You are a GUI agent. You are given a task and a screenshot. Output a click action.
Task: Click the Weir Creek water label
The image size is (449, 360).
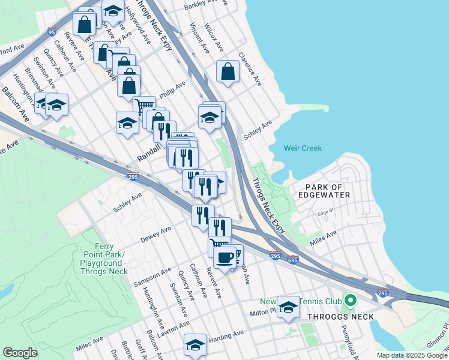[303, 148]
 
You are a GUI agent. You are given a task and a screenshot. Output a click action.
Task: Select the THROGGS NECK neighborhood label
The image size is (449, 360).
[340, 317]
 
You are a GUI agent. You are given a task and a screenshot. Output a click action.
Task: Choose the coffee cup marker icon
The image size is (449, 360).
[224, 257]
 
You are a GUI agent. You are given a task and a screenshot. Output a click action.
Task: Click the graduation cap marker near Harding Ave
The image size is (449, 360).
[195, 344]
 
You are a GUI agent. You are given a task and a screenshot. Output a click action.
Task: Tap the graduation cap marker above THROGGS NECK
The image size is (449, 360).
[289, 307]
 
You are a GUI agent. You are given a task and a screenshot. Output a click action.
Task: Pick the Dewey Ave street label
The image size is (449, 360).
[155, 234]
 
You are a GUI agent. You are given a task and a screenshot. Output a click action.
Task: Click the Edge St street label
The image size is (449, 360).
[325, 212]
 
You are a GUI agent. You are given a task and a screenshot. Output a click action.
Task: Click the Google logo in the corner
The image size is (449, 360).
[20, 353]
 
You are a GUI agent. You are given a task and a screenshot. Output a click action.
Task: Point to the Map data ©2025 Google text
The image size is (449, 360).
[411, 355]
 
